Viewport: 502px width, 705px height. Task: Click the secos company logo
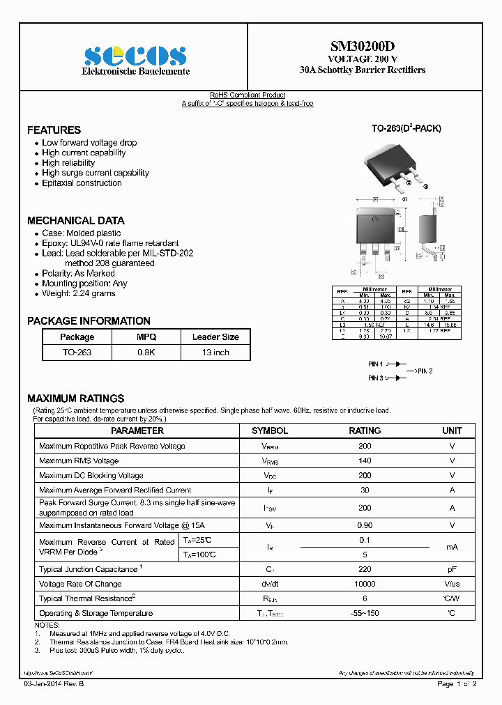[x=135, y=56]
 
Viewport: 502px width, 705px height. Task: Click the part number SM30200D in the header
[x=362, y=47]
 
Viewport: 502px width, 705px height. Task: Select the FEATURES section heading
[x=54, y=130]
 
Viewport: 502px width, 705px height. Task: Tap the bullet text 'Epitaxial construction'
[x=82, y=183]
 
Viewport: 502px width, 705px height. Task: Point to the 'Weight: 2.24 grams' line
[x=78, y=293]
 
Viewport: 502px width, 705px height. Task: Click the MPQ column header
[x=146, y=337]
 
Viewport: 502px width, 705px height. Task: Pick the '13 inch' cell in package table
[x=215, y=352]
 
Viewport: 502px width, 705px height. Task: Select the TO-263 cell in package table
[x=77, y=352]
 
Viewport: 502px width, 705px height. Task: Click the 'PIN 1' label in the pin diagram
[x=376, y=364]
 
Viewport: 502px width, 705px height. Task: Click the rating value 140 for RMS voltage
[x=365, y=460]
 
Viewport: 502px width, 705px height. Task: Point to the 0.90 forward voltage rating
[x=365, y=525]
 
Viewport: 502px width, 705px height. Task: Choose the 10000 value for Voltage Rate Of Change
[x=365, y=584]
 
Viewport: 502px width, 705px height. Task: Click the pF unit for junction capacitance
[x=452, y=569]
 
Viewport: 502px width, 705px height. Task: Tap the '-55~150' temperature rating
[x=365, y=613]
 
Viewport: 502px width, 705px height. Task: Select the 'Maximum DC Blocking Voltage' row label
[x=91, y=475]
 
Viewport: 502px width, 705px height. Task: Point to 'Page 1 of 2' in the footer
[x=457, y=684]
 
